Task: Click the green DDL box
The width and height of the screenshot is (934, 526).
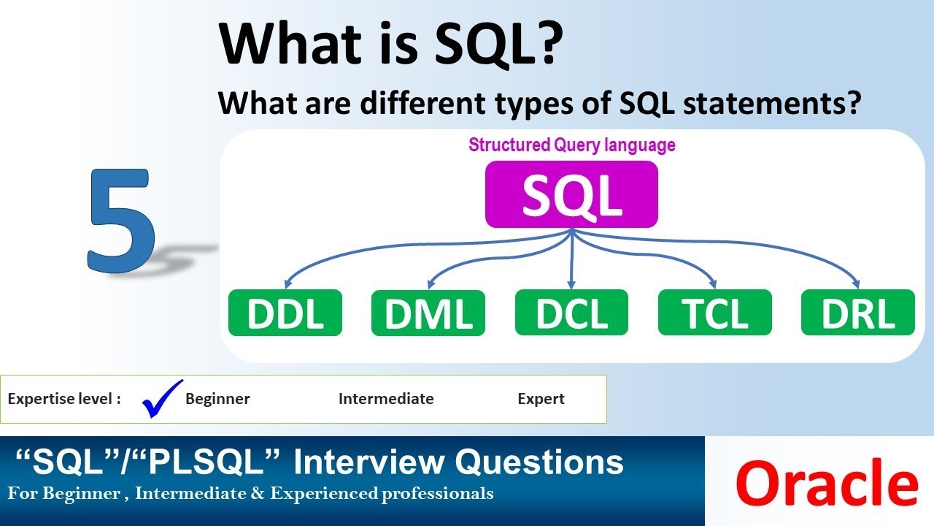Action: tap(285, 313)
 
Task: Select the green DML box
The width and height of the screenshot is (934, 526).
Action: tap(428, 313)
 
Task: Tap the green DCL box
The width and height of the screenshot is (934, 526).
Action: tap(571, 313)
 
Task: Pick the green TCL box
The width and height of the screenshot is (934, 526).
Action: tap(714, 313)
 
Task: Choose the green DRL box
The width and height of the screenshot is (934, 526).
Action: tap(857, 313)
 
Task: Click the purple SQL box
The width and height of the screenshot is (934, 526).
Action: tap(571, 194)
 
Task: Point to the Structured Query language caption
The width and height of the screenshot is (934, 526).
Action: tap(571, 145)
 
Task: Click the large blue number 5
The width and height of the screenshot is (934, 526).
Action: tap(121, 221)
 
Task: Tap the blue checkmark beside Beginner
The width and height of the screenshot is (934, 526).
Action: tap(161, 398)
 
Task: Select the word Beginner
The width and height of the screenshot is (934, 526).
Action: tap(217, 399)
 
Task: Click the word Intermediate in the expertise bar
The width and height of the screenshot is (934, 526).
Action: tap(386, 399)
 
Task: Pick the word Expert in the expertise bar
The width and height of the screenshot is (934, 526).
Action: tap(541, 399)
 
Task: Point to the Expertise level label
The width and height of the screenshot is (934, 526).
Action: tap(63, 399)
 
